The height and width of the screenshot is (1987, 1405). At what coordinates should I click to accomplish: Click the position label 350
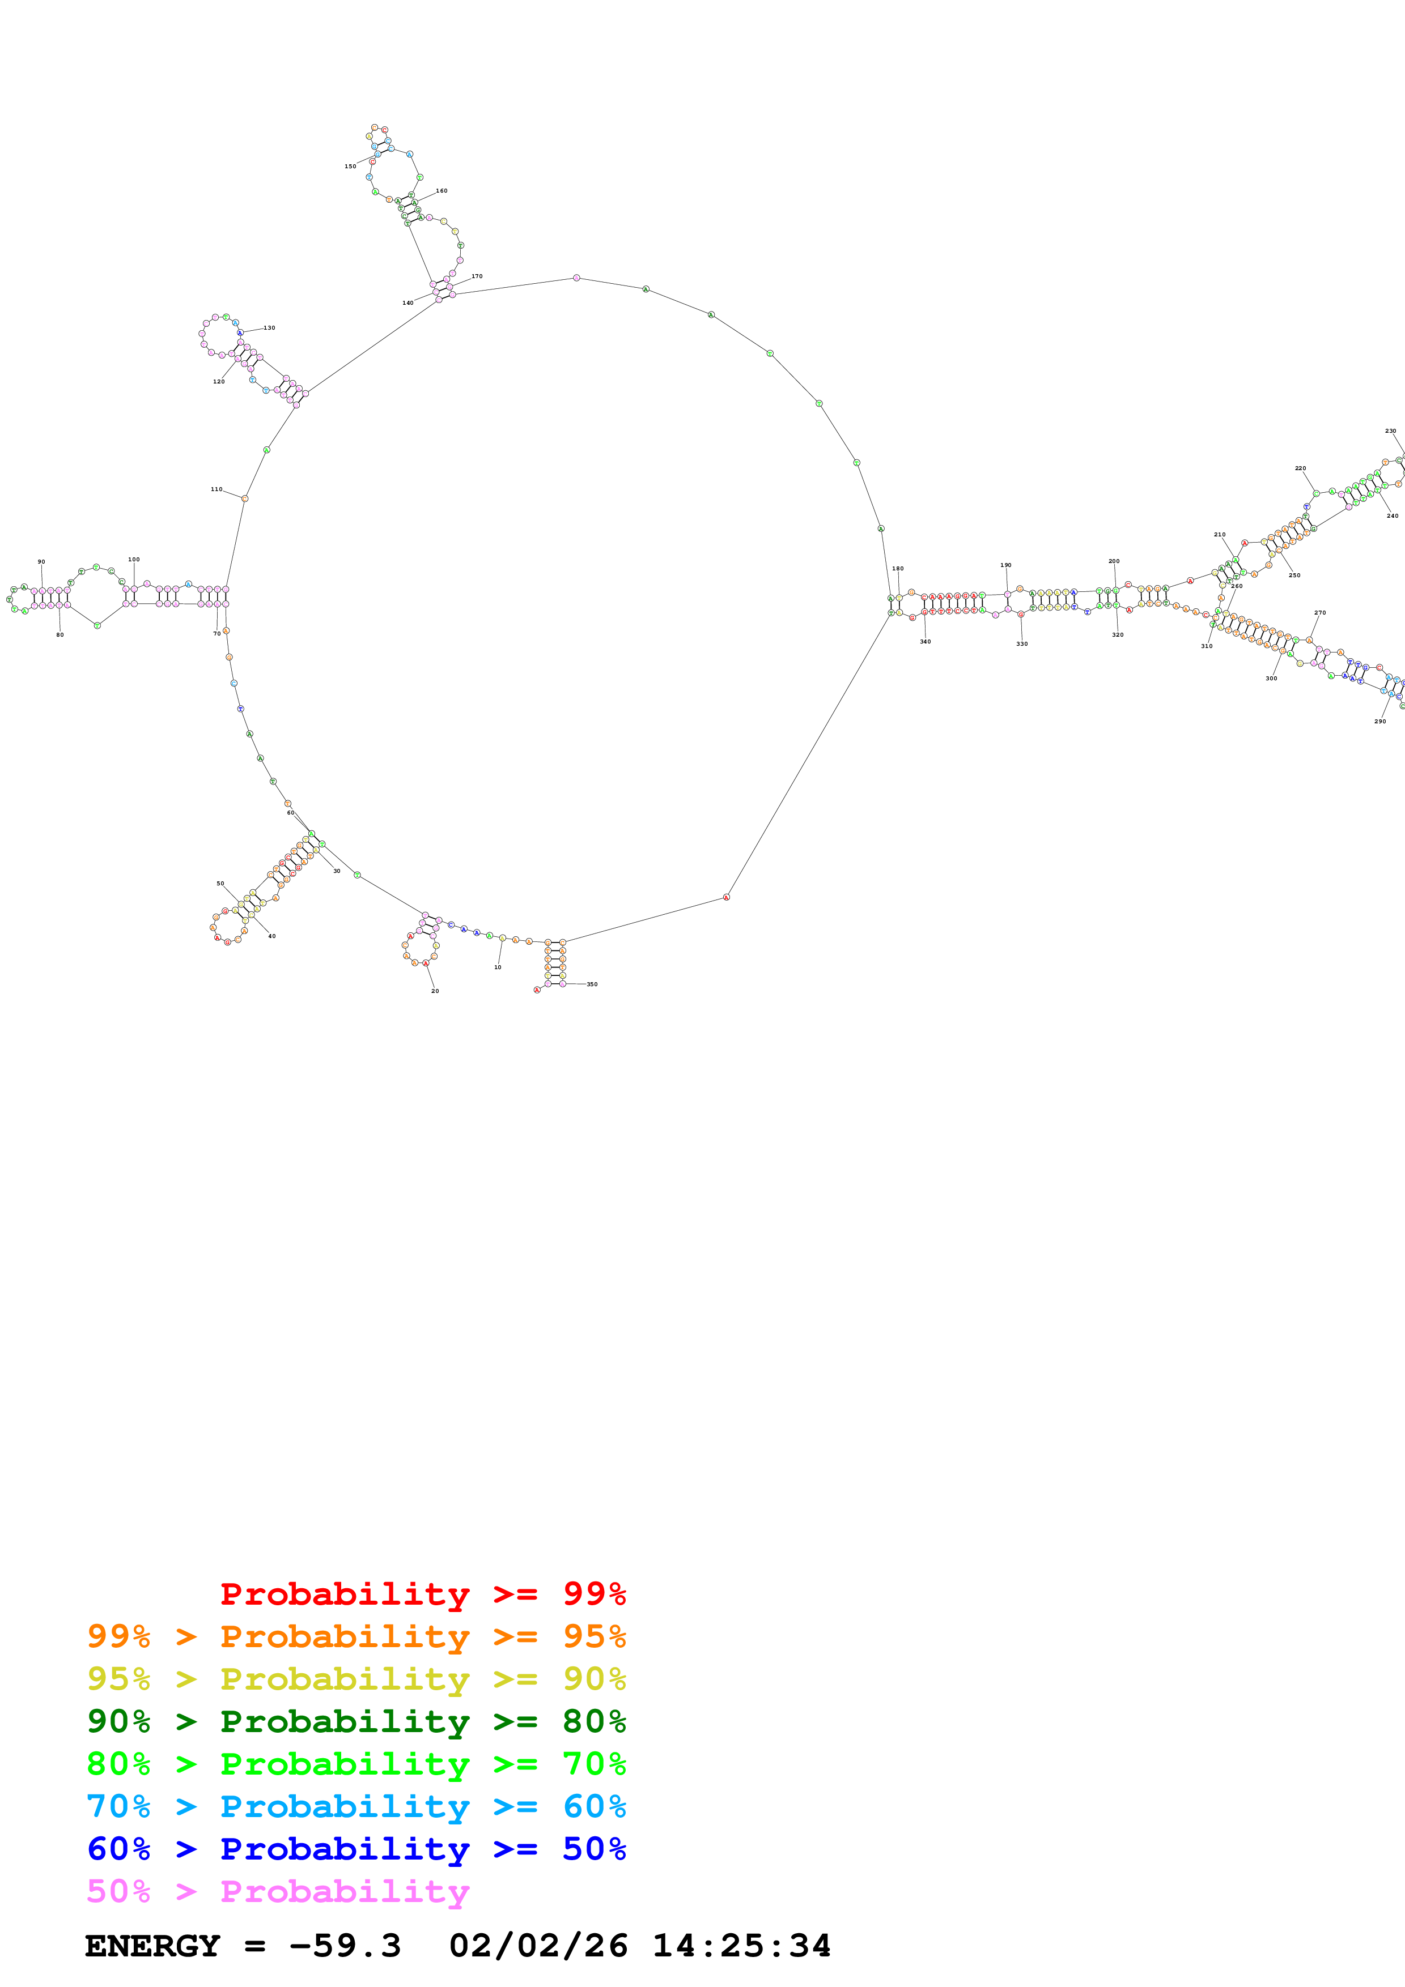pos(592,984)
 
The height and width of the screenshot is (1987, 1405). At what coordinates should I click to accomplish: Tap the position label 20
pos(435,991)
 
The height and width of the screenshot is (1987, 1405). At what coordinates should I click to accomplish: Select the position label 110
pos(217,490)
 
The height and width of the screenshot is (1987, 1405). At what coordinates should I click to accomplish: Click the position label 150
pos(350,166)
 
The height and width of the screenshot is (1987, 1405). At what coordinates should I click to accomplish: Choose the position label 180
pos(898,569)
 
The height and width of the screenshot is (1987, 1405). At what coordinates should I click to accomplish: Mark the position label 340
pos(926,641)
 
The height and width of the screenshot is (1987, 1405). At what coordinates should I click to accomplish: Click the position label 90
pos(41,562)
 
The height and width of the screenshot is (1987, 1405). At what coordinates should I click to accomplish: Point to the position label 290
pos(1380,721)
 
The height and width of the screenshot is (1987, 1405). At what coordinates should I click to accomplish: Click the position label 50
pos(220,884)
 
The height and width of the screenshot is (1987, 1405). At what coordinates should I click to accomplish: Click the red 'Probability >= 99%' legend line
pos(422,1594)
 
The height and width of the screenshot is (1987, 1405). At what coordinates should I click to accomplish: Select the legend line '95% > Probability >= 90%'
pos(356,1679)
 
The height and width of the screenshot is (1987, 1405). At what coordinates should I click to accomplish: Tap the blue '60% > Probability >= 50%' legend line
pos(356,1849)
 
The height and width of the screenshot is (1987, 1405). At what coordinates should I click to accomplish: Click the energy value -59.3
pos(345,1946)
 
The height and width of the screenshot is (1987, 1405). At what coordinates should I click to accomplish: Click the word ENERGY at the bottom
pos(152,1946)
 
